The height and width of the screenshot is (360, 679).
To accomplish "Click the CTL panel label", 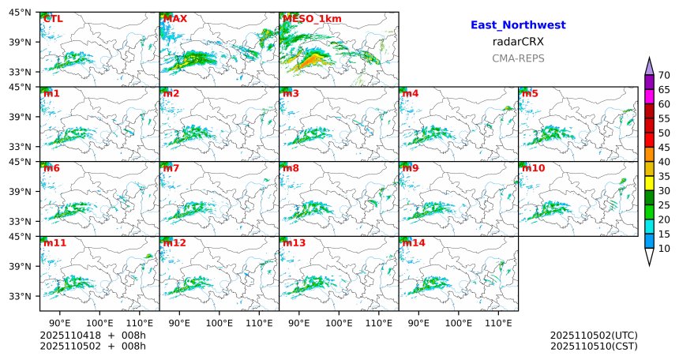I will (x=52, y=19).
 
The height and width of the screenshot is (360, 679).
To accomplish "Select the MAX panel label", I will (x=174, y=19).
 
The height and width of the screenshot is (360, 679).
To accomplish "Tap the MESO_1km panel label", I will (x=306, y=19).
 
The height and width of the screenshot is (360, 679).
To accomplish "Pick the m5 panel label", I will (x=530, y=94).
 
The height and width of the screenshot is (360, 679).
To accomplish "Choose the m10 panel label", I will (x=533, y=168).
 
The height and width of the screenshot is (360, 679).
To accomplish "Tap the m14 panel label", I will (x=413, y=243).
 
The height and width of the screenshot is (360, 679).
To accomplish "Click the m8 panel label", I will (x=291, y=168).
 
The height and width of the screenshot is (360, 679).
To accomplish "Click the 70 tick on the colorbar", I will (x=664, y=75).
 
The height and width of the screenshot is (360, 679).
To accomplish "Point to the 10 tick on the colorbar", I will (x=664, y=249).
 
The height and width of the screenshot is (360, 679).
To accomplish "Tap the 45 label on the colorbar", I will (x=664, y=148).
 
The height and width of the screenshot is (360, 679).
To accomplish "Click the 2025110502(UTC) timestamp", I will (x=594, y=336).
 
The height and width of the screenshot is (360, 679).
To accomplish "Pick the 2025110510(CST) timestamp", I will (x=594, y=346).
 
